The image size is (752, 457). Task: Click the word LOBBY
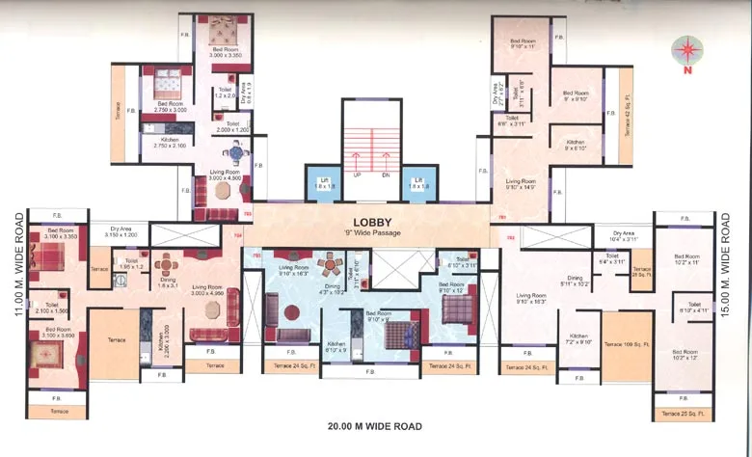[371, 219]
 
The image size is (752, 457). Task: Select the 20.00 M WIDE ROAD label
[373, 425]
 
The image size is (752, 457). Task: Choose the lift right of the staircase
[416, 182]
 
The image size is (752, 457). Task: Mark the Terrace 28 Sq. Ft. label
[641, 273]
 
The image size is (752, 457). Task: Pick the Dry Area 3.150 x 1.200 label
[120, 232]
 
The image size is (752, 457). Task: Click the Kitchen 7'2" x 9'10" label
[577, 339]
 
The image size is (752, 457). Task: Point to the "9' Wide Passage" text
[371, 232]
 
